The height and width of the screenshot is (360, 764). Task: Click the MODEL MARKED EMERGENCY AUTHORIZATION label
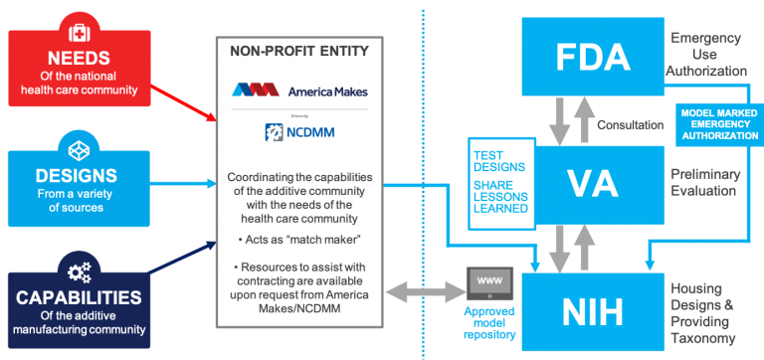click(x=716, y=124)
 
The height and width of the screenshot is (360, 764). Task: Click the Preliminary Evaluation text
click(x=704, y=184)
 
